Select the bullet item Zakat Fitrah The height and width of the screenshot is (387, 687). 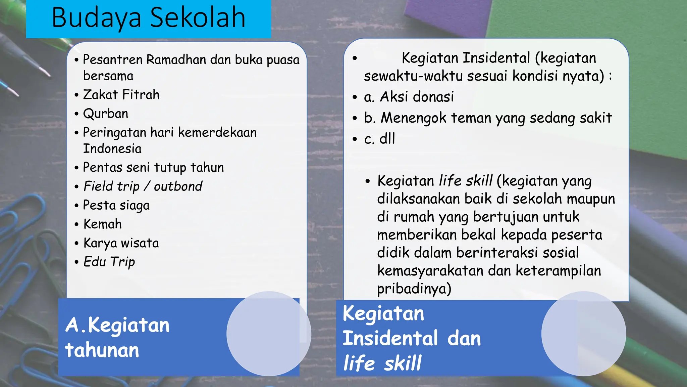(121, 95)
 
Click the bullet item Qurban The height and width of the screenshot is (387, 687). (106, 114)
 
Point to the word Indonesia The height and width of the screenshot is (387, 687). (112, 148)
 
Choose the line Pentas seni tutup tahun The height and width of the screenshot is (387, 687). (153, 167)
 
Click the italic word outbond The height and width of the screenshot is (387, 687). (178, 186)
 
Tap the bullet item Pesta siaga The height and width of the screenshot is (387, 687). (116, 205)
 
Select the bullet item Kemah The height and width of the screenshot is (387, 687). (103, 224)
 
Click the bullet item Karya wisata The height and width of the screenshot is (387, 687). (121, 243)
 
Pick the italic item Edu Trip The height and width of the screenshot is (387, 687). (109, 262)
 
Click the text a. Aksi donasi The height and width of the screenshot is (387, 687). (409, 97)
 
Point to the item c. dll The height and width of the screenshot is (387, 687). (379, 139)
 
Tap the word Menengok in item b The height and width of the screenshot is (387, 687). (414, 118)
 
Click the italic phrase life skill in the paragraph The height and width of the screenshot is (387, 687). (466, 181)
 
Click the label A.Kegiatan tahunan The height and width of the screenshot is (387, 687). (117, 337)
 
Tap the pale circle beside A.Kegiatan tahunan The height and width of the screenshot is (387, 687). (269, 334)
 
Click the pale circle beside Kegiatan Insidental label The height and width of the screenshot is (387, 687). (584, 334)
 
